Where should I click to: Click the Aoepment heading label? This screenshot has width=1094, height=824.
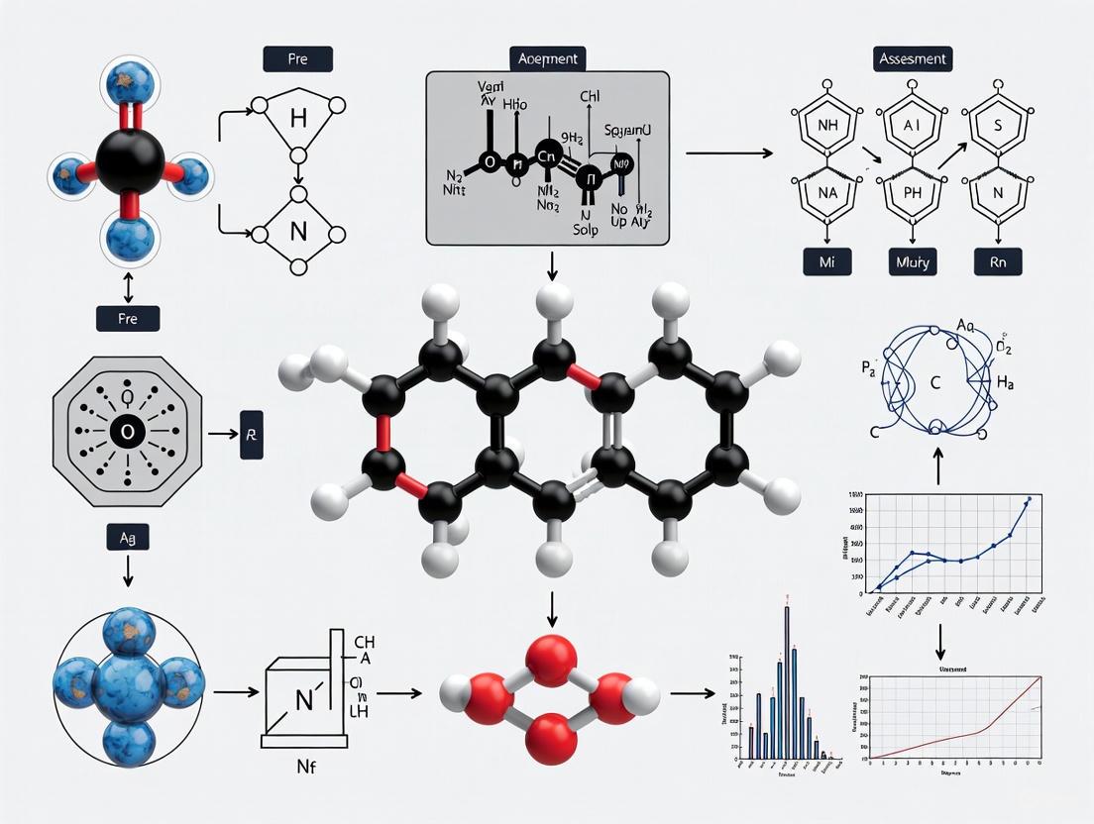[547, 58]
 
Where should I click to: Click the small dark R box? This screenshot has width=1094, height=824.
[252, 434]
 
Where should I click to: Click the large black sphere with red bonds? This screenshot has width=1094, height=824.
[130, 159]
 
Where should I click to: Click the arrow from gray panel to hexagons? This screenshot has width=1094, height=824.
[728, 154]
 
